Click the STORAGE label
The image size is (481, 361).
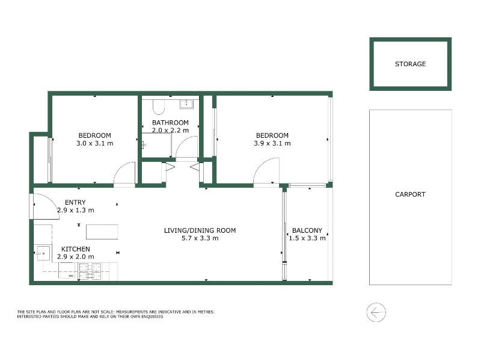410,64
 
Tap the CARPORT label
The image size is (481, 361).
410,194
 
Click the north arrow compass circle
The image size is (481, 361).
376,312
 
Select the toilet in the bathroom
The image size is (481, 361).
159,106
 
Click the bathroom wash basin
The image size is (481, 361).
186,103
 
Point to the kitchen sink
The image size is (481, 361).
42,253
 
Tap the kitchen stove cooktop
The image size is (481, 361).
90,272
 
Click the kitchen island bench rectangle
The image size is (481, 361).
102,232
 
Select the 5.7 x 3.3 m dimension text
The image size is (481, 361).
200,238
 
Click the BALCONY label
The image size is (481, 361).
307,230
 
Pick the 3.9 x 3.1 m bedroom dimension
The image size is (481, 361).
272,143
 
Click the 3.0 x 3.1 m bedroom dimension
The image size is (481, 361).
95,143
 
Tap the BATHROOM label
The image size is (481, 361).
170,123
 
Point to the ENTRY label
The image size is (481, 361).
75,202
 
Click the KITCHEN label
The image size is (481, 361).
76,249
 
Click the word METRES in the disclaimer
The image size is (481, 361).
206,312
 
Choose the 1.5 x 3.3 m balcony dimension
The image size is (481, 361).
307,238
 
